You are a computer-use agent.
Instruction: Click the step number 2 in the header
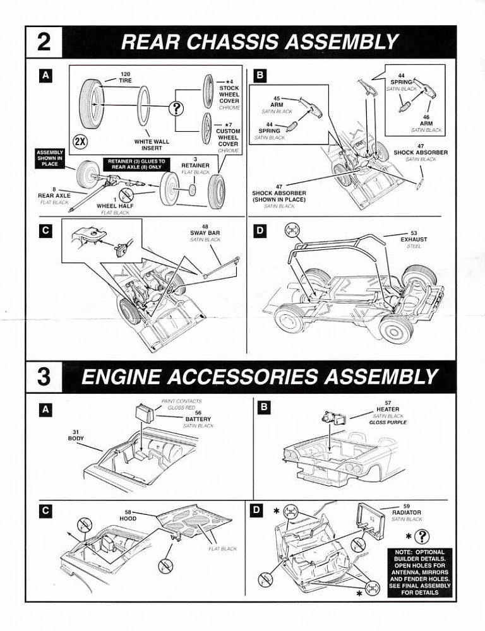click(x=44, y=42)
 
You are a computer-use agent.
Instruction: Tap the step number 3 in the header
click(x=44, y=377)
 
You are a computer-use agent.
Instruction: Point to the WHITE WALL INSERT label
click(x=152, y=144)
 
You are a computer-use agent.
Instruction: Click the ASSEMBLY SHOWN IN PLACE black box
click(x=50, y=158)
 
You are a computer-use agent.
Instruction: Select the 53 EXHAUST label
click(x=414, y=236)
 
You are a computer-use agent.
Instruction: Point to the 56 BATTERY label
click(x=198, y=416)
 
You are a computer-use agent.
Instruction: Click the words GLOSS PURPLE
click(x=388, y=423)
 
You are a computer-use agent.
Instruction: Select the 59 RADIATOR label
click(x=407, y=509)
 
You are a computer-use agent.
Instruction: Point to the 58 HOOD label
click(x=128, y=516)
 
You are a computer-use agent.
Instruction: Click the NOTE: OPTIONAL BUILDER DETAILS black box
click(x=420, y=572)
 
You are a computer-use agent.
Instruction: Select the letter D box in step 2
click(x=260, y=230)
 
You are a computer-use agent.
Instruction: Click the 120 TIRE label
click(x=125, y=77)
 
